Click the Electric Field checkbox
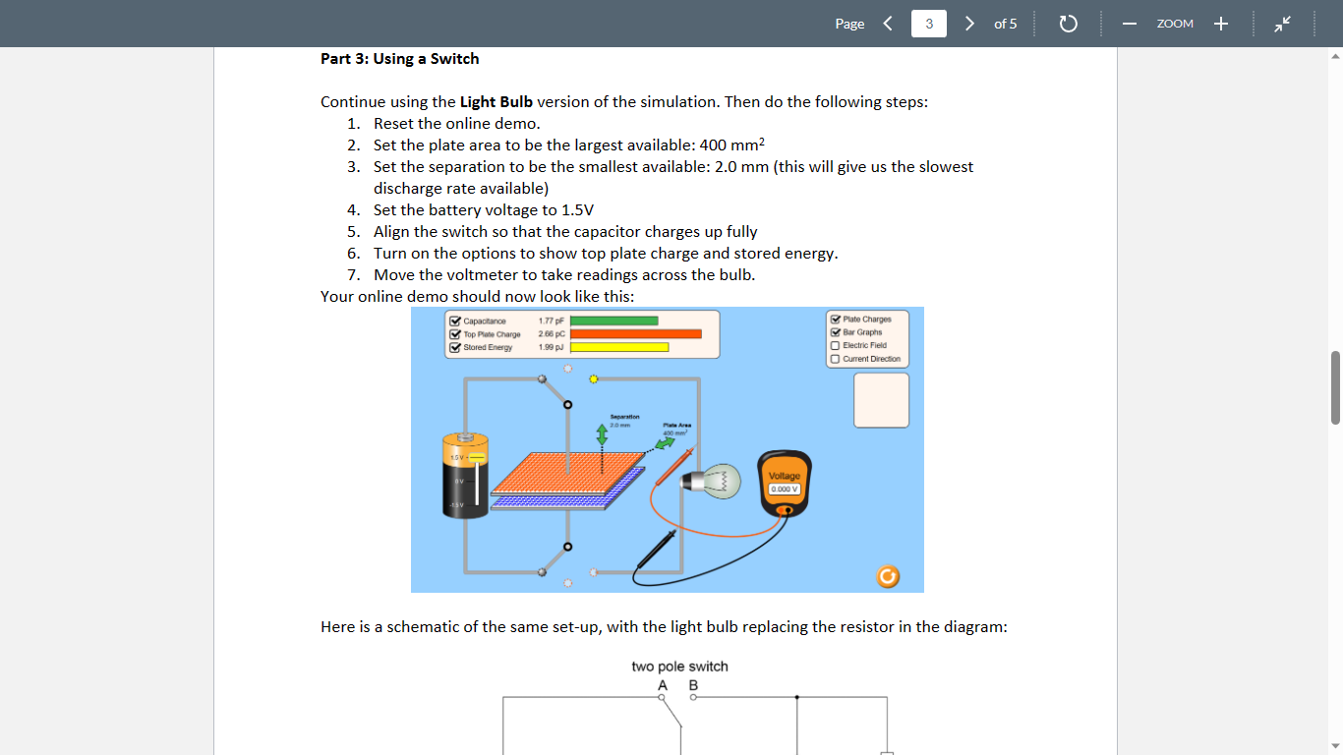coord(835,346)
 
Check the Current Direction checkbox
coord(835,359)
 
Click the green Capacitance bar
coord(614,320)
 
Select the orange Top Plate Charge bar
coord(636,334)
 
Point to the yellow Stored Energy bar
coord(619,347)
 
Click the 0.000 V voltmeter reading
coord(785,489)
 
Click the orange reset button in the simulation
coord(887,577)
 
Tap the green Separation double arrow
coord(602,434)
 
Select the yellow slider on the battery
coord(476,457)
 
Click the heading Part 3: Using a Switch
coord(399,59)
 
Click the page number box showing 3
coord(928,24)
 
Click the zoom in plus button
coord(1220,24)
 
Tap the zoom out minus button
coord(1130,24)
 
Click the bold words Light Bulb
coord(496,102)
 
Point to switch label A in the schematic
coord(663,685)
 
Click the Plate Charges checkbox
coord(835,319)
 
